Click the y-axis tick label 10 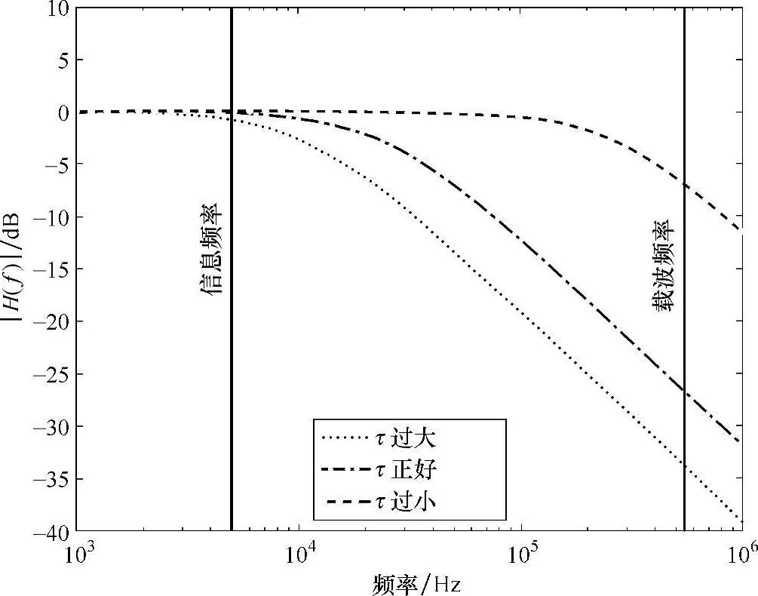[x=58, y=9]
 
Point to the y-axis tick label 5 [x=63, y=60]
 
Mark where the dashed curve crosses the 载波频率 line [x=684, y=185]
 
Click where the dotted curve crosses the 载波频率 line [x=684, y=463]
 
